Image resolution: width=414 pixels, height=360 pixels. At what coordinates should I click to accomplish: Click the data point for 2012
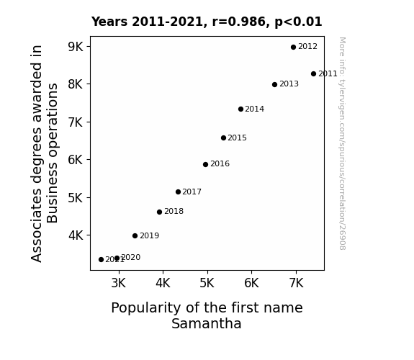point(293,48)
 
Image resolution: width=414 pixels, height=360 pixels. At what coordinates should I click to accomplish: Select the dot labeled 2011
point(313,74)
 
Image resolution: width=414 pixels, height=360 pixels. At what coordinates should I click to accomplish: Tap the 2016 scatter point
point(205,165)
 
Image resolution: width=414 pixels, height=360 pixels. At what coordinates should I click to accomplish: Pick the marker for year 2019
point(135,236)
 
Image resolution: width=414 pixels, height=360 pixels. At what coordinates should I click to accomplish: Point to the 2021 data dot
point(101,260)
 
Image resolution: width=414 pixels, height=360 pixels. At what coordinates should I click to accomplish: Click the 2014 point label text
point(255,109)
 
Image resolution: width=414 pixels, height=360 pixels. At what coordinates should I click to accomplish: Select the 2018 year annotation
point(174,211)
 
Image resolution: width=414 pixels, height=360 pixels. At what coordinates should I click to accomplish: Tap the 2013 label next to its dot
point(289,84)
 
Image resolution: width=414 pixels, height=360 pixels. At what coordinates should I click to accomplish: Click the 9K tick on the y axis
point(76,47)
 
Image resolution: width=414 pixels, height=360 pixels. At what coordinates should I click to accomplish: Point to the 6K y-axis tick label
point(76,160)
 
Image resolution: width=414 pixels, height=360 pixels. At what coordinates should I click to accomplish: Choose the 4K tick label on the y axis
point(76,235)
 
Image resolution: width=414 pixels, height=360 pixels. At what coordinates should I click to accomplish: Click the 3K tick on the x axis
point(119,283)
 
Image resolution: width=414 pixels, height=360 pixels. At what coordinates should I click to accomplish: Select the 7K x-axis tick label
point(296,283)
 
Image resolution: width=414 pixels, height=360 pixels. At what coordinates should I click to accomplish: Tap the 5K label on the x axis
point(207,283)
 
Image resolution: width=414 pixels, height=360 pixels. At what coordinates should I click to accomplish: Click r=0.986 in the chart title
point(240,22)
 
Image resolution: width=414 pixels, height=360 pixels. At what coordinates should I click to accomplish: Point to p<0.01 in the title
point(298,22)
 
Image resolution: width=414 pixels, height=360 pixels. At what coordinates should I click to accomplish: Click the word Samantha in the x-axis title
point(207,323)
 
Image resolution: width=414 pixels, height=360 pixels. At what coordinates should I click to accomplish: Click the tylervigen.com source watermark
point(343,143)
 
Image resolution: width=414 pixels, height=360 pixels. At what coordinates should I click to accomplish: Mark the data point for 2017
point(178,192)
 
